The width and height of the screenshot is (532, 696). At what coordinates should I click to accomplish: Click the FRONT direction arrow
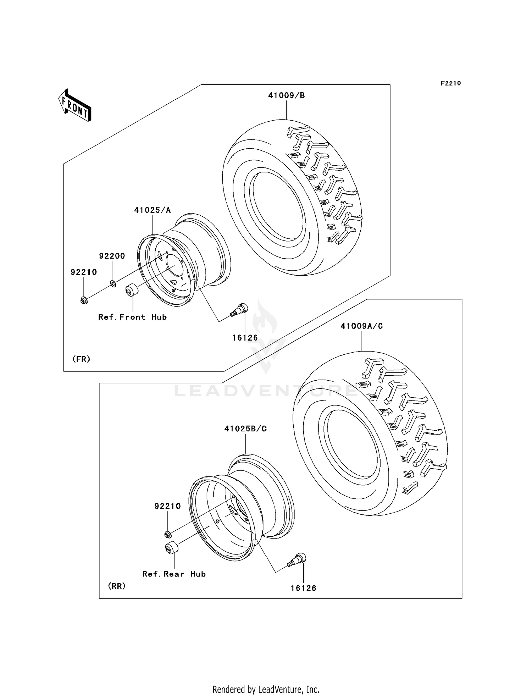(75, 105)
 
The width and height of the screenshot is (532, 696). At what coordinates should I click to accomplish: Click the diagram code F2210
(450, 83)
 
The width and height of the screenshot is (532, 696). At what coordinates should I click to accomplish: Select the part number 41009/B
(286, 95)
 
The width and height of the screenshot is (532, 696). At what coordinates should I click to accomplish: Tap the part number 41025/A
(153, 210)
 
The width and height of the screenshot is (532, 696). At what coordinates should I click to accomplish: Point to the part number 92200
(112, 256)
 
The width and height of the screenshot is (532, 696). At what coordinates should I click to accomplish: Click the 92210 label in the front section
(84, 272)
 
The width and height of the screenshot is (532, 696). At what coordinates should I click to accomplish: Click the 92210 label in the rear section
(167, 506)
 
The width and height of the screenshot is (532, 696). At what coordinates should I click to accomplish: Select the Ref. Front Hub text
(132, 317)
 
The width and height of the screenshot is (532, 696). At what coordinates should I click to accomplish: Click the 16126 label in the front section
(245, 338)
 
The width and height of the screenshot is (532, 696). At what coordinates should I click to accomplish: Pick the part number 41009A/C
(361, 326)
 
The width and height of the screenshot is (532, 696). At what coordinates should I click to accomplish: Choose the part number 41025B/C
(245, 429)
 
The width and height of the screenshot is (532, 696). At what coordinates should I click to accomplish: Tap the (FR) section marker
(81, 359)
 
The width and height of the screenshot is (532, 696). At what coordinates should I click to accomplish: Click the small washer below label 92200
(113, 283)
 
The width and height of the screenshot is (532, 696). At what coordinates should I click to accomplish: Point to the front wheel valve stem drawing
(239, 309)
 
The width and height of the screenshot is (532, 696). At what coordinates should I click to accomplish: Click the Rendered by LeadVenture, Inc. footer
(266, 689)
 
